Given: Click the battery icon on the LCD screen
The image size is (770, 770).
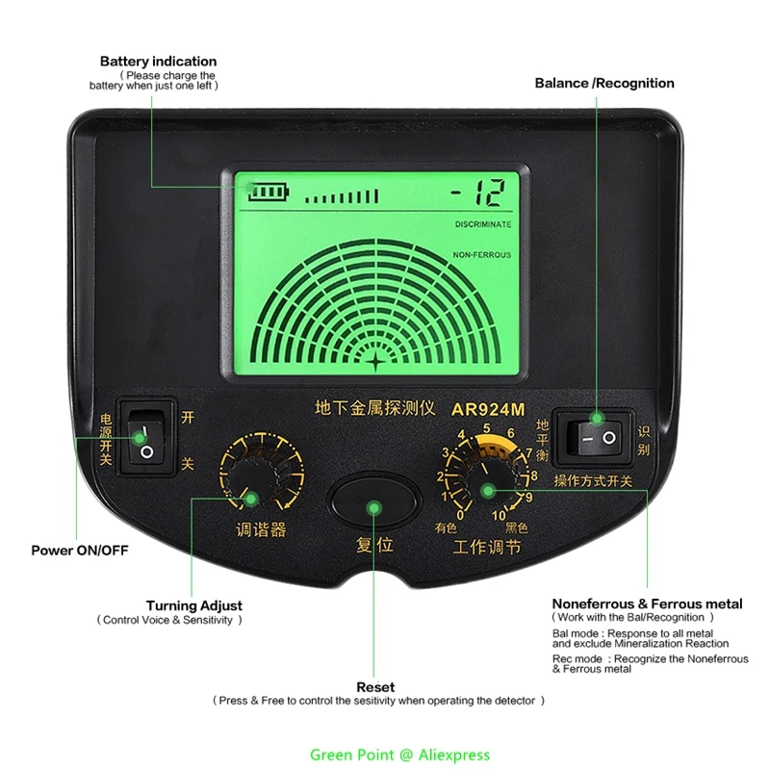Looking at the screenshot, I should pyautogui.click(x=268, y=192).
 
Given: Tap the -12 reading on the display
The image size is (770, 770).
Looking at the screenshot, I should pyautogui.click(x=476, y=194).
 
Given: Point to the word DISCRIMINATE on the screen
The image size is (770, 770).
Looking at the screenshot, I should pyautogui.click(x=483, y=224).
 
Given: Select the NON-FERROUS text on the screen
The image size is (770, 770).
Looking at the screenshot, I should pyautogui.click(x=482, y=255).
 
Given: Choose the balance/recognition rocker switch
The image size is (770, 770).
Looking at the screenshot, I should pyautogui.click(x=597, y=438).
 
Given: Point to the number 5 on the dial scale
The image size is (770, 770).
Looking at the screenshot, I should pyautogui.click(x=487, y=429).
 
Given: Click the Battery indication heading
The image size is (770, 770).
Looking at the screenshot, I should pyautogui.click(x=158, y=62).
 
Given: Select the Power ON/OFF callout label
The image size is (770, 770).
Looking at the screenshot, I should pyautogui.click(x=80, y=551).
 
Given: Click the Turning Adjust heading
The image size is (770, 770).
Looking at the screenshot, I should pyautogui.click(x=194, y=605).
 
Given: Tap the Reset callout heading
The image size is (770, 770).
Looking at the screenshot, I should pyautogui.click(x=375, y=687).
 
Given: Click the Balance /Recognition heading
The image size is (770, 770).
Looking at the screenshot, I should pyautogui.click(x=604, y=83).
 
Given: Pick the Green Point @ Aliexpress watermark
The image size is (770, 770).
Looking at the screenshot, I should pyautogui.click(x=399, y=755).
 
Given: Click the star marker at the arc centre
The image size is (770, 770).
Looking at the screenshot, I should pyautogui.click(x=375, y=362).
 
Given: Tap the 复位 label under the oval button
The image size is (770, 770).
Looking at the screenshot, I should pyautogui.click(x=374, y=545).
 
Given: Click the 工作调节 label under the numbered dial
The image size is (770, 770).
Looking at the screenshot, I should pyautogui.click(x=487, y=547).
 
